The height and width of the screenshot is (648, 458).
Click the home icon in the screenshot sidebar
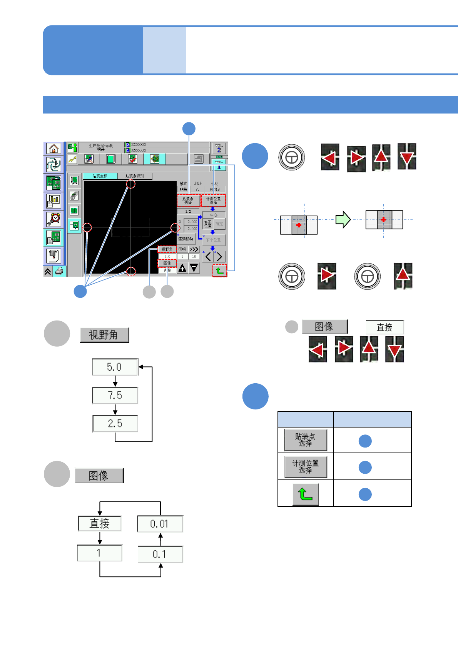53,148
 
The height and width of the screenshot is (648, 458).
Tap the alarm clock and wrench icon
53,219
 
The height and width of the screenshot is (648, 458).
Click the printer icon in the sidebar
59,271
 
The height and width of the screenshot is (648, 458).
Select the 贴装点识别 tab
135,176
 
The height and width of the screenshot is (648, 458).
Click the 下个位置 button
213,240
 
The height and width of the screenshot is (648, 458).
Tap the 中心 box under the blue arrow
214,215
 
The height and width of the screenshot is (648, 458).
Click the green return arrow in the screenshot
220,271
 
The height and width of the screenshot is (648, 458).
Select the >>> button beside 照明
194,249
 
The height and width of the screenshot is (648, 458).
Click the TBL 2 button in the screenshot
219,148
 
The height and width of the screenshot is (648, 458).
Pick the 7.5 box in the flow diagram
115,395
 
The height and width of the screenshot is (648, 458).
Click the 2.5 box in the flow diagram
115,423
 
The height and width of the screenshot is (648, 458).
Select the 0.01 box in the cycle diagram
160,524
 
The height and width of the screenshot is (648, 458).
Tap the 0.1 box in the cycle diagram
160,554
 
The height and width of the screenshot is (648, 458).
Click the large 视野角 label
104,335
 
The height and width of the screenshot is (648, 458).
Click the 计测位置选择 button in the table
306,467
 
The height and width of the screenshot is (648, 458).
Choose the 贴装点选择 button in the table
306,440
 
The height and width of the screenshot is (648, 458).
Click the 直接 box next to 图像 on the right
384,327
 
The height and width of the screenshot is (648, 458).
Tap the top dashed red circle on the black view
131,184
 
